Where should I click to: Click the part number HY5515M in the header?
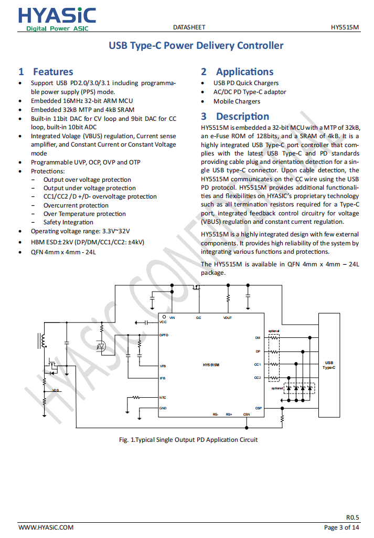click(x=345, y=27)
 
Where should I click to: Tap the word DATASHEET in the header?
click(x=189, y=27)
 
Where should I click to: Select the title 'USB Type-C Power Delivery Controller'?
click(x=196, y=46)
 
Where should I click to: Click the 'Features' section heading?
click(x=53, y=72)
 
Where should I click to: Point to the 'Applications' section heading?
click(x=244, y=72)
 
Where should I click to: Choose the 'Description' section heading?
click(x=242, y=117)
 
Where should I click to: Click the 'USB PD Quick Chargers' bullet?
click(x=245, y=83)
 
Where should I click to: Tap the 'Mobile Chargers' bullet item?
click(x=237, y=101)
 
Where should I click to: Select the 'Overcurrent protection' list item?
click(x=76, y=205)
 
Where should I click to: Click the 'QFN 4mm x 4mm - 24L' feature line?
click(x=63, y=252)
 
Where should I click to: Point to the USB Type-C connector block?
click(x=329, y=365)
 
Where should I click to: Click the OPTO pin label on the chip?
click(x=164, y=335)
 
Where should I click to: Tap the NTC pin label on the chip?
click(x=163, y=398)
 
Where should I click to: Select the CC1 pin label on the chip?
click(x=258, y=364)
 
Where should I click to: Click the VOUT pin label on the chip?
click(x=228, y=318)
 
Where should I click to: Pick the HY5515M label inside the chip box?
click(x=211, y=364)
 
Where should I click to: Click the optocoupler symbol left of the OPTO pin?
click(x=102, y=346)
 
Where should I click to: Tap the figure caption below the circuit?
click(x=188, y=440)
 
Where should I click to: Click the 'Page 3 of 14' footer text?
click(x=341, y=527)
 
